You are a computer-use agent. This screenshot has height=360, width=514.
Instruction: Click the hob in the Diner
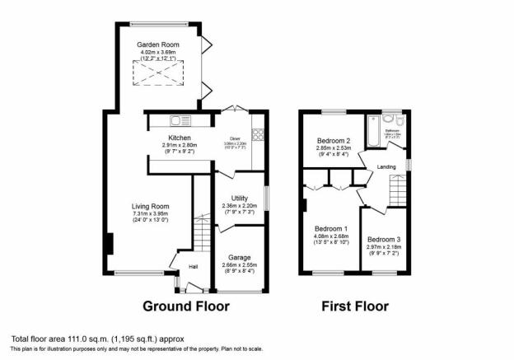point(257,133)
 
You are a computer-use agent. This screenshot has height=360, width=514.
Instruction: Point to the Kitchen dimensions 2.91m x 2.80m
point(180,145)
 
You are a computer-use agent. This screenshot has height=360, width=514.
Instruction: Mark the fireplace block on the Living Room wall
point(108,245)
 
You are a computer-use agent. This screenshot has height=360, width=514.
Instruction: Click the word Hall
point(193,267)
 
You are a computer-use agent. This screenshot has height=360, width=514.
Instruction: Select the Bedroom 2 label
point(334,141)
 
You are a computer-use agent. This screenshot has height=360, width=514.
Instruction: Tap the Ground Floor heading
point(186,306)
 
